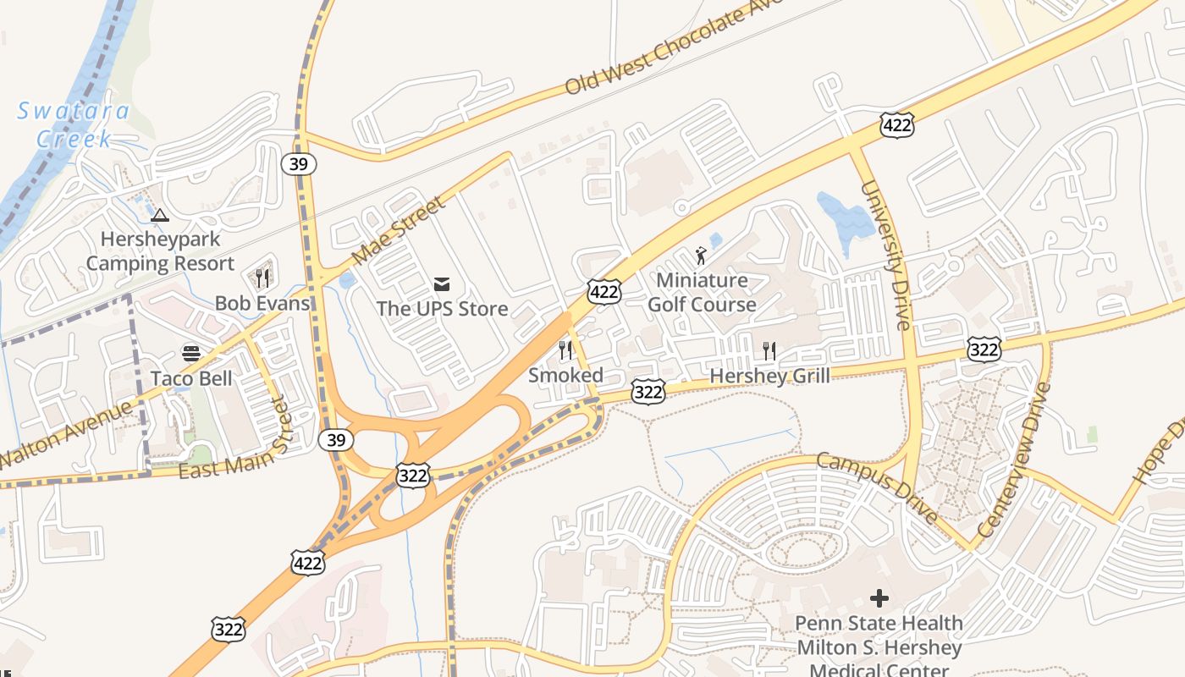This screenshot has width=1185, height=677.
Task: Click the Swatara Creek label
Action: pos(74,124)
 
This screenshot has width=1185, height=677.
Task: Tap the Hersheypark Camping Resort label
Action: pos(160,251)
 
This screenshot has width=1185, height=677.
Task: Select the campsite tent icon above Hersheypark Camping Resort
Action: pos(160,215)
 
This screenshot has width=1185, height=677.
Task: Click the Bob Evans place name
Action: pos(262,303)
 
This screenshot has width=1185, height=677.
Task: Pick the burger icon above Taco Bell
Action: pos(191,354)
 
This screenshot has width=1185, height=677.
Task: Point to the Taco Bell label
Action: pos(191,377)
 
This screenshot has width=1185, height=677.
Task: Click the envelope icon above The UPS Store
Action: pos(442,284)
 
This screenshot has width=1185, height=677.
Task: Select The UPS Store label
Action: pos(442,308)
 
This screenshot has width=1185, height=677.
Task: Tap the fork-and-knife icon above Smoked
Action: pos(565,350)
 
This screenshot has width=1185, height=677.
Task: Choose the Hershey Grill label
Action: pos(769,376)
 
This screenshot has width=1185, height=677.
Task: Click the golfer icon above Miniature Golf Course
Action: pos(701,255)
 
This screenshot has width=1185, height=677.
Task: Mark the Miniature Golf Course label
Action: pos(702,292)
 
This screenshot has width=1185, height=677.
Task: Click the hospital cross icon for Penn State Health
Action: pos(879,598)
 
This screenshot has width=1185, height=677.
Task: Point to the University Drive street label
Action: pos(886,255)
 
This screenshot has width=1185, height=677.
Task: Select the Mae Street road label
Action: pos(398,231)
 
